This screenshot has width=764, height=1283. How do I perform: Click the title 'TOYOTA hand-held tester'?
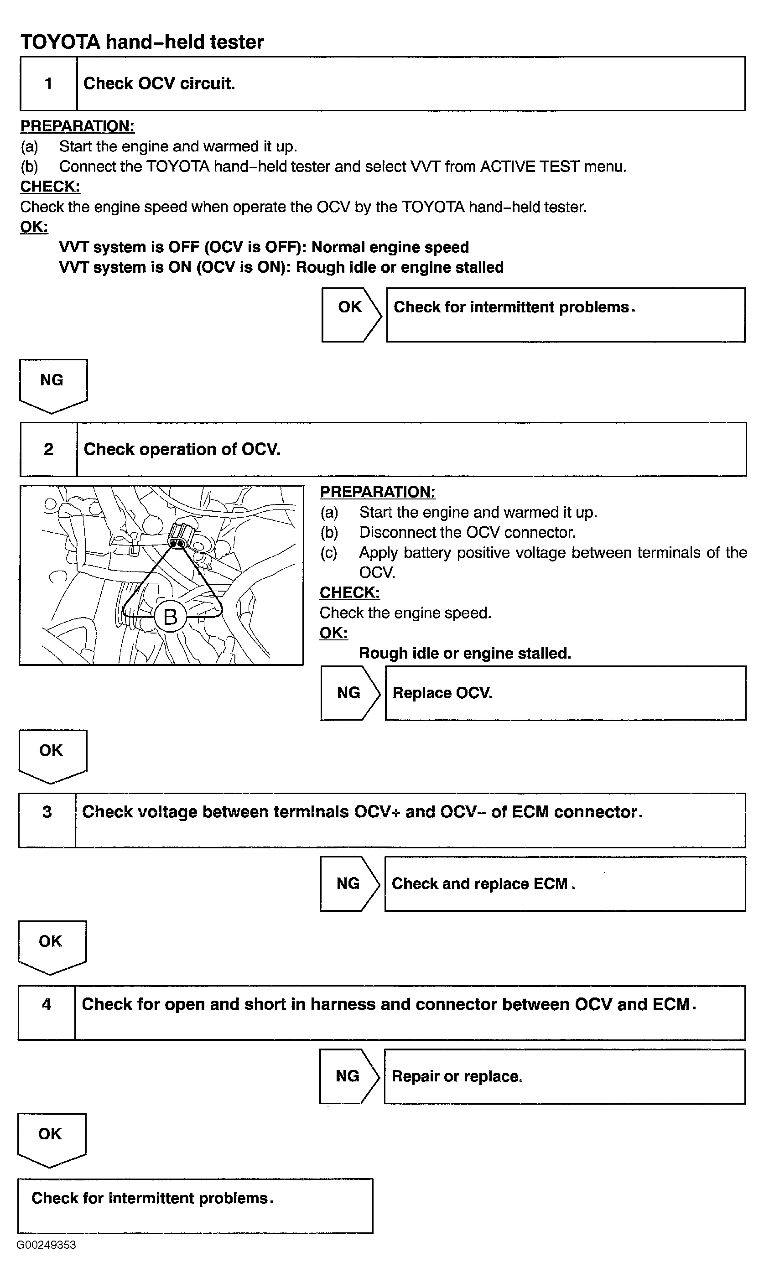click(142, 42)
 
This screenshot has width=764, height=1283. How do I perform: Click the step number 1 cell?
click(48, 83)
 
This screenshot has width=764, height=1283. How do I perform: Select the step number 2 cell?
click(48, 449)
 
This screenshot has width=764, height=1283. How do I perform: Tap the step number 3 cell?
click(47, 821)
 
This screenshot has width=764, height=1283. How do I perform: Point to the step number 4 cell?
click(47, 1013)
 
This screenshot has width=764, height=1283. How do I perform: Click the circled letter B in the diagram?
click(171, 617)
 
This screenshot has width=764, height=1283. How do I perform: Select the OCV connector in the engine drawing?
click(181, 536)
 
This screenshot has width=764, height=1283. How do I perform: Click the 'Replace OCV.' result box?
click(565, 693)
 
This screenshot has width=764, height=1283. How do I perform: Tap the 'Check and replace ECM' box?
click(565, 883)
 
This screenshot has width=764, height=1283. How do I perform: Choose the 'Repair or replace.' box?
click(565, 1076)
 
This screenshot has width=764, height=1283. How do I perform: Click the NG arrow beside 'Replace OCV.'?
click(351, 693)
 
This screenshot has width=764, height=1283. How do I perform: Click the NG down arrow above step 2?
click(53, 386)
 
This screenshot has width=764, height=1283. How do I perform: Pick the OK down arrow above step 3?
click(52, 757)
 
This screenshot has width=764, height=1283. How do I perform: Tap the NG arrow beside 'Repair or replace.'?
click(349, 1076)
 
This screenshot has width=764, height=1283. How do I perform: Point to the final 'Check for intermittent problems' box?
click(195, 1206)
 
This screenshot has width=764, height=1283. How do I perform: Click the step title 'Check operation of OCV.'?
click(182, 449)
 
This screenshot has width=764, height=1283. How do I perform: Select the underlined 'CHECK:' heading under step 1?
click(50, 186)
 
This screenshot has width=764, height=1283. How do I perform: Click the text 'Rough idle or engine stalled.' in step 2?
click(465, 653)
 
